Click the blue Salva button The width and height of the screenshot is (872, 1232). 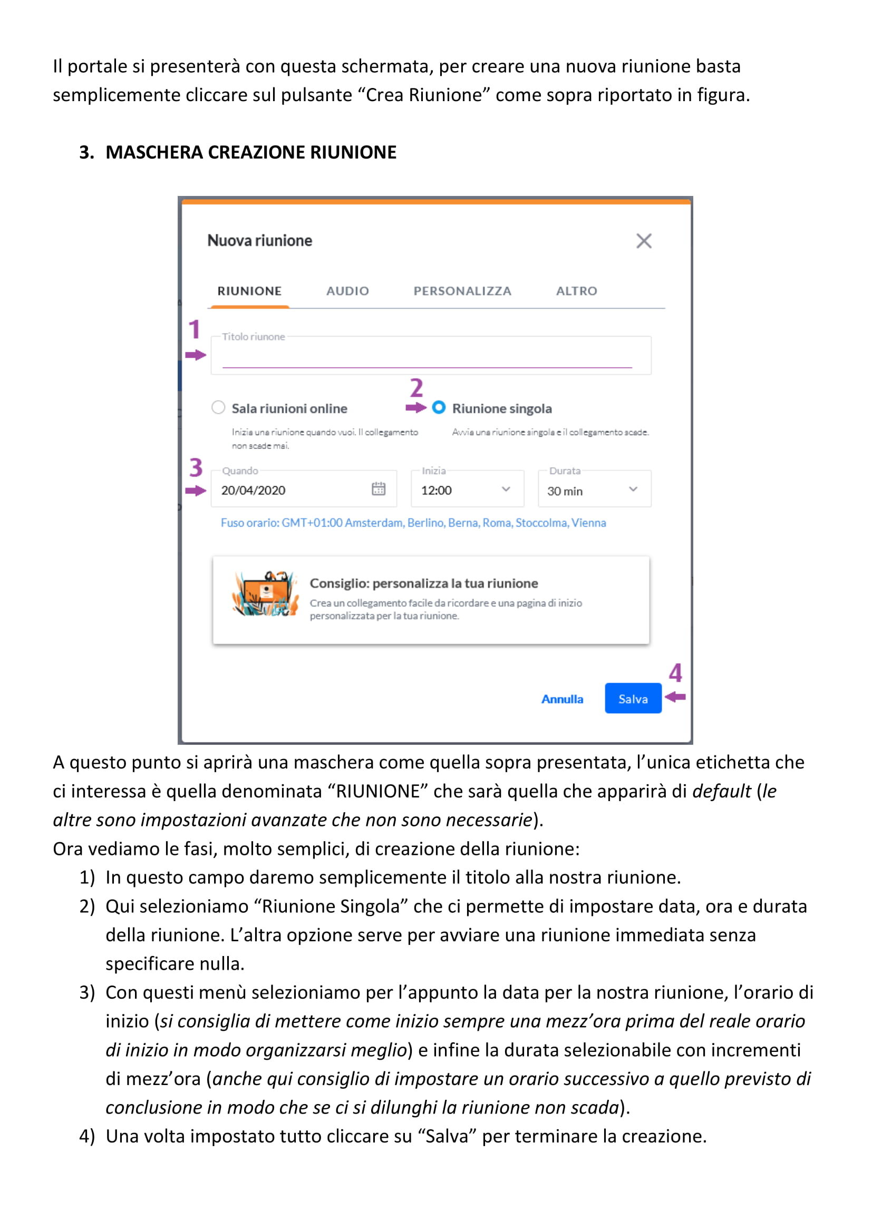[x=633, y=698]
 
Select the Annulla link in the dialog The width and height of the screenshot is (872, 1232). [x=561, y=698]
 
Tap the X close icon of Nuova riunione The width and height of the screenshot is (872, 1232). [x=643, y=241]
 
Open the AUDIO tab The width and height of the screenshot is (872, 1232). [x=347, y=291]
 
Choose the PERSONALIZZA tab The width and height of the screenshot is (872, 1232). [x=462, y=291]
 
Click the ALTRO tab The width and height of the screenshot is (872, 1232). [x=576, y=291]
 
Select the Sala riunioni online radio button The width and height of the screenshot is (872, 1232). [x=218, y=407]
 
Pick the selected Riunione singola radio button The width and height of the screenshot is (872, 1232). [x=439, y=407]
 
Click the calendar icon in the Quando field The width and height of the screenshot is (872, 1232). [x=378, y=488]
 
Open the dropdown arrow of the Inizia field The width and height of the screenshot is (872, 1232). [x=505, y=489]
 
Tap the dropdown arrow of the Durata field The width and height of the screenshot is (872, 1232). [x=633, y=489]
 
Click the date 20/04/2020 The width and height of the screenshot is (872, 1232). [x=254, y=490]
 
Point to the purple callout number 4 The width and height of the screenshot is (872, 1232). [x=675, y=672]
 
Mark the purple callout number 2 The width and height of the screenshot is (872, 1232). [x=416, y=388]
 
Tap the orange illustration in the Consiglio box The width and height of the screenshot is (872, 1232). [x=265, y=594]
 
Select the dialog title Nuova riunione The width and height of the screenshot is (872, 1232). [x=259, y=240]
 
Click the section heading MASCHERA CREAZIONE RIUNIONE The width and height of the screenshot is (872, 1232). [x=251, y=152]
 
